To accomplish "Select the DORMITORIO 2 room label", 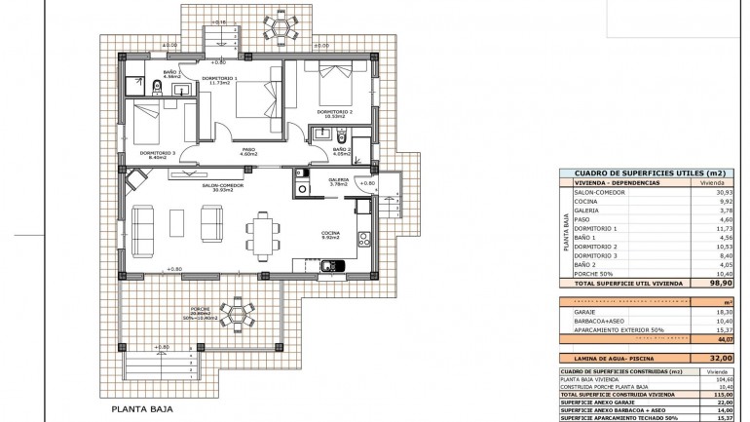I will pyautogui.click(x=329, y=111).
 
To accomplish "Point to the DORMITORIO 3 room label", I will pyautogui.click(x=157, y=152).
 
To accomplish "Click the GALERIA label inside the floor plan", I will pyautogui.click(x=338, y=180).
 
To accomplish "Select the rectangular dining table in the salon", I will pyautogui.click(x=261, y=233).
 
